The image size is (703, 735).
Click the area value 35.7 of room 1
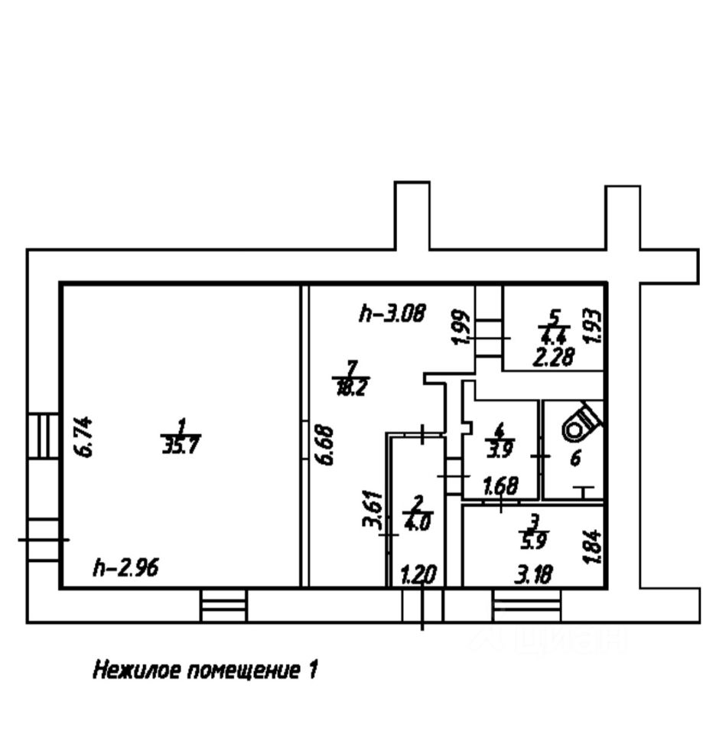click(181, 445)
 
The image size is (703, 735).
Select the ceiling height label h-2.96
click(125, 567)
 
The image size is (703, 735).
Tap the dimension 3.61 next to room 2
click(371, 508)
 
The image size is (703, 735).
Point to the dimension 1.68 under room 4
click(501, 485)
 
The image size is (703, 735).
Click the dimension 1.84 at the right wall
click(595, 548)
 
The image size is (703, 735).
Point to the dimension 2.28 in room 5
click(554, 356)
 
